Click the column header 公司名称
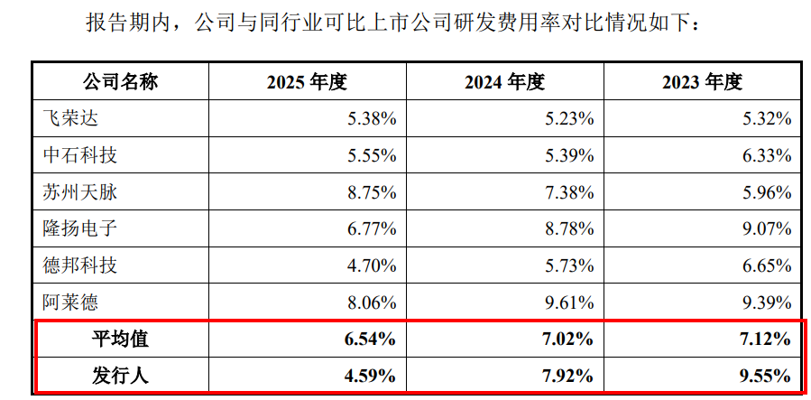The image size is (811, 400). pos(121,82)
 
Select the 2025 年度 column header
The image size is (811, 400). pos(307,82)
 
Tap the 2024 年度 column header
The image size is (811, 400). pos(504,82)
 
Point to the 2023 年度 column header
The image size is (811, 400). pos(702,82)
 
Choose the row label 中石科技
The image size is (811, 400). pos(79,155)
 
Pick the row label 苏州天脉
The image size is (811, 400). pos(79,192)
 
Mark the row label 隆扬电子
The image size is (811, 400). pos(79,228)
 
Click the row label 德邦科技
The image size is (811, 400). pos(79,265)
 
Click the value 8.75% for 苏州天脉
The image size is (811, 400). pos(372,193)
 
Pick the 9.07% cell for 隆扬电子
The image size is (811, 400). pos(767,229)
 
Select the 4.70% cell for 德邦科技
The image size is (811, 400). pos(372,266)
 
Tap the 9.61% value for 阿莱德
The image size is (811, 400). pos(569,302)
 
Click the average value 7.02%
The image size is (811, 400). pos(569,340)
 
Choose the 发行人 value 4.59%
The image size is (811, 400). pos(372,377)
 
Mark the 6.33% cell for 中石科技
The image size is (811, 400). pos(767,156)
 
